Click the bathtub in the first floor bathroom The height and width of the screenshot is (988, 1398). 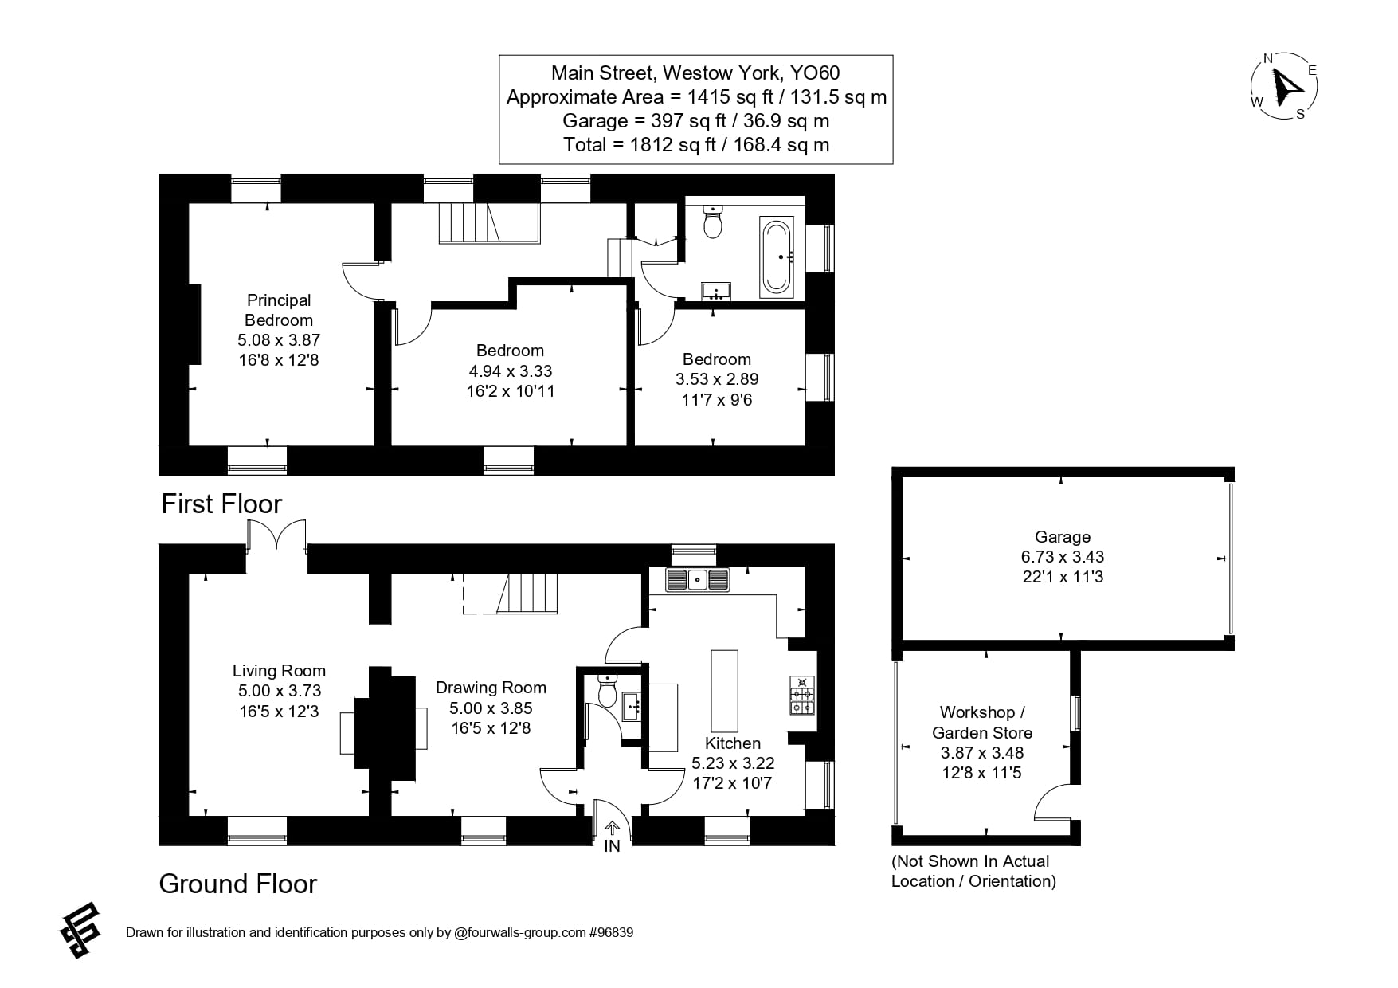pyautogui.click(x=776, y=257)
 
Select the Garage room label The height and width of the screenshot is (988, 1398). pyautogui.click(x=1062, y=537)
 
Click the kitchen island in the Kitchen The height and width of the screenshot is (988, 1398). pyautogui.click(x=724, y=691)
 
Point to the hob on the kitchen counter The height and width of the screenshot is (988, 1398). pyautogui.click(x=801, y=696)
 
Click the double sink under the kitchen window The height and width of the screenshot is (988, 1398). pyautogui.click(x=698, y=579)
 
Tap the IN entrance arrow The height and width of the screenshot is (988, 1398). pyautogui.click(x=612, y=830)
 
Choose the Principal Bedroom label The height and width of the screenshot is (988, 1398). pyautogui.click(x=279, y=310)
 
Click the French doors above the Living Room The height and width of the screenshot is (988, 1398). pyautogui.click(x=276, y=536)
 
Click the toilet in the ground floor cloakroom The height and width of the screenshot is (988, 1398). pyautogui.click(x=607, y=692)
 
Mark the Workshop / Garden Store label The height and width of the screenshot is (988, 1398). pyautogui.click(x=982, y=722)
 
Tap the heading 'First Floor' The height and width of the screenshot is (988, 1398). pyautogui.click(x=221, y=504)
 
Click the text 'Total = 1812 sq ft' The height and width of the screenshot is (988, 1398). pyautogui.click(x=695, y=145)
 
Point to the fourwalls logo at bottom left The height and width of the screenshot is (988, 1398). pyautogui.click(x=81, y=929)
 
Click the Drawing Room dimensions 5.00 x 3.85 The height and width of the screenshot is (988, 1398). pyautogui.click(x=491, y=708)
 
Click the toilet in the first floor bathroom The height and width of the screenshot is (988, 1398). pyautogui.click(x=713, y=222)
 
